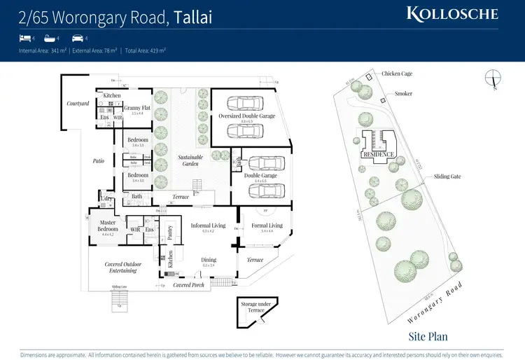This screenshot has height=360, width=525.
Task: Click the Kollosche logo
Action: pos(453,13)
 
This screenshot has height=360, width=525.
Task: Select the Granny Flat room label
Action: pos(137,108)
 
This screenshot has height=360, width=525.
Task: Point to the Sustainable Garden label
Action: pos(190,160)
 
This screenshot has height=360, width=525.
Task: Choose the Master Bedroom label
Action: pos(108,226)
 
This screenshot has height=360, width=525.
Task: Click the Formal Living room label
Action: pos(267,226)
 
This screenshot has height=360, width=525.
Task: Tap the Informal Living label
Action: pos(209,226)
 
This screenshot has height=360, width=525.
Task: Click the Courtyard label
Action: pos(78,104)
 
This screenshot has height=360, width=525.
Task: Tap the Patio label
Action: pos(98,161)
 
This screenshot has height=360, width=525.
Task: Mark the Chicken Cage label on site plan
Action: pos(396,74)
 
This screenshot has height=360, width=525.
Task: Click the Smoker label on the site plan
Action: pos(403,93)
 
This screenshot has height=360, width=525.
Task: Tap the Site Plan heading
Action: pos(427,336)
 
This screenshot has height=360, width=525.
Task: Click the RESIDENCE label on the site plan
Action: pos(379,154)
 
